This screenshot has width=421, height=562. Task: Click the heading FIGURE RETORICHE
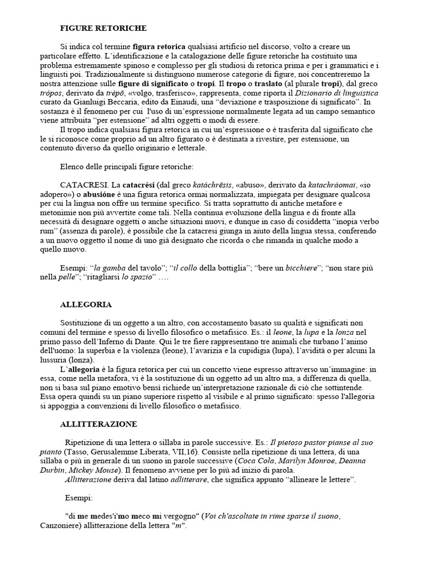pos(103,28)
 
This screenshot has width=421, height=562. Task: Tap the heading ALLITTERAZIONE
pos(98,424)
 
